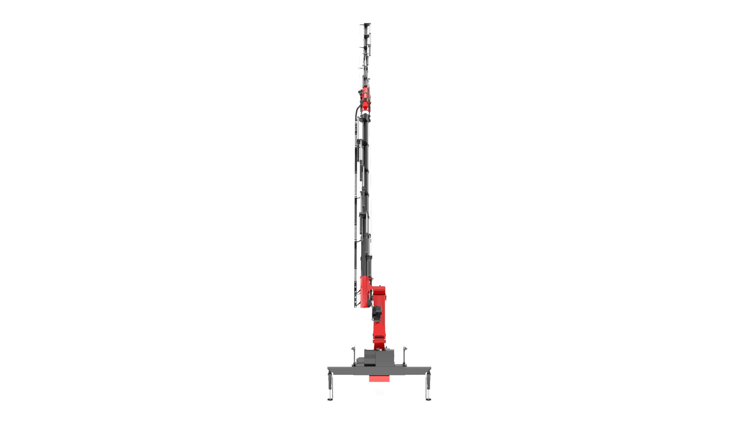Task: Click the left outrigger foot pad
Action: (x=330, y=400)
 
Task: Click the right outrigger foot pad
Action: (x=428, y=400)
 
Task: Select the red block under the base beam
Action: (x=379, y=378)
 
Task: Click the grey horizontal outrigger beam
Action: (x=379, y=371)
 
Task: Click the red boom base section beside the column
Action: (x=365, y=291)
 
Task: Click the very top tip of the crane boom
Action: (x=366, y=24)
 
